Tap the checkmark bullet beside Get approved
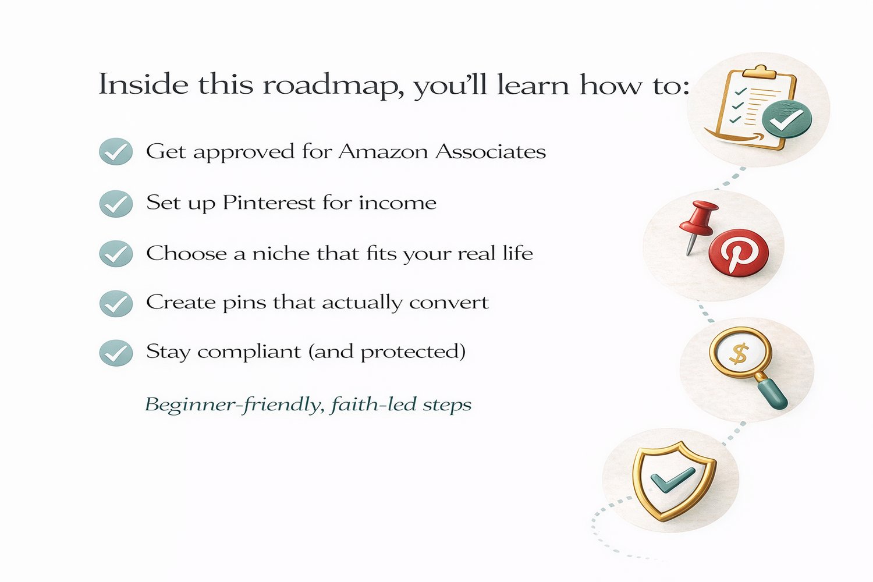click(x=116, y=151)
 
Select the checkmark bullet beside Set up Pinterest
click(x=116, y=204)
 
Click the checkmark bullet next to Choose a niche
click(x=116, y=254)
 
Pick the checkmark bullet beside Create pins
click(x=116, y=303)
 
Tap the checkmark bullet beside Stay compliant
click(x=116, y=353)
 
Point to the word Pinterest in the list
click(x=268, y=203)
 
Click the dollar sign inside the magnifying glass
click(x=739, y=354)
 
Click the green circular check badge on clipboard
click(x=787, y=119)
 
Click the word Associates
click(x=491, y=151)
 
